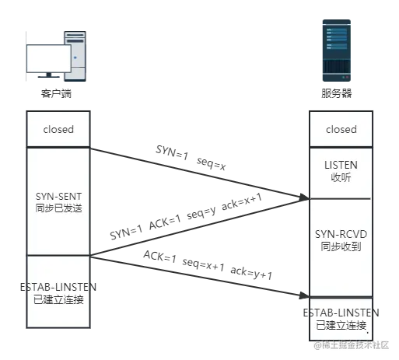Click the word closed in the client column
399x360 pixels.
[x=58, y=129]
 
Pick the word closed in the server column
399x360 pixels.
[x=341, y=129]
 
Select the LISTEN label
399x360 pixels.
[x=341, y=165]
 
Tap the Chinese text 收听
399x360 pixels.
[x=341, y=177]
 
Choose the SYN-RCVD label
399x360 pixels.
[x=341, y=235]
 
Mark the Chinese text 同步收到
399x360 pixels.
[x=341, y=247]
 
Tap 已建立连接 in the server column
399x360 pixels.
[x=341, y=324]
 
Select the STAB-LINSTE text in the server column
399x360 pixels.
[x=341, y=312]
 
